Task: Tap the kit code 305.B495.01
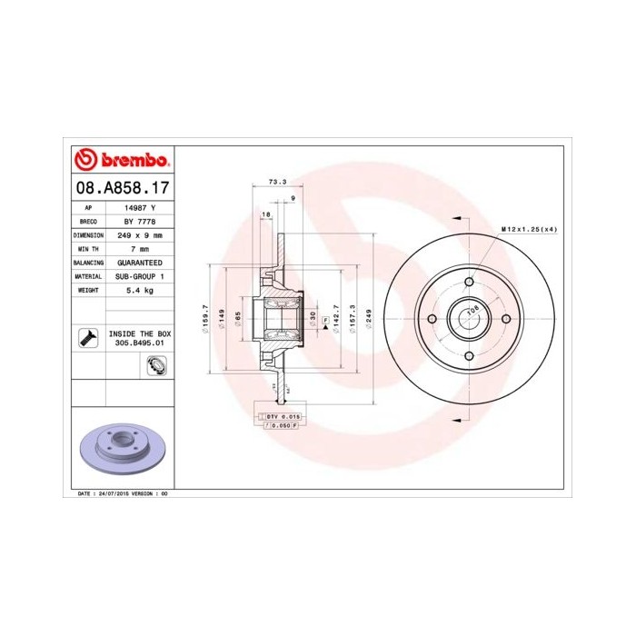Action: pyautogui.click(x=139, y=344)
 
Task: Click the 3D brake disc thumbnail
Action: pyautogui.click(x=120, y=451)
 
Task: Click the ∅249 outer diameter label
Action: pyautogui.click(x=367, y=319)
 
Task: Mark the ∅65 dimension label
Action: pyautogui.click(x=237, y=319)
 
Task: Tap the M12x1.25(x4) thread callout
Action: pyautogui.click(x=529, y=229)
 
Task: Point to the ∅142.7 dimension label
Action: pyautogui.click(x=336, y=319)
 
